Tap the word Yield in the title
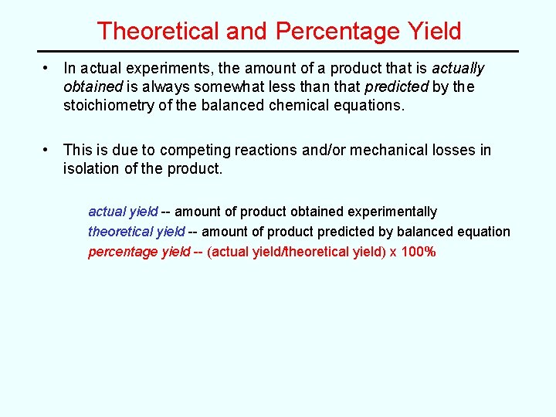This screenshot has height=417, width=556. point(435,31)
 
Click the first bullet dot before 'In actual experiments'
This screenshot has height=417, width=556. point(47,69)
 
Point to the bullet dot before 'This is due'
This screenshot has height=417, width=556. point(47,150)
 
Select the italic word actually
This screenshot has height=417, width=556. point(458,69)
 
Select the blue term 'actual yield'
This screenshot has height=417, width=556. point(124,212)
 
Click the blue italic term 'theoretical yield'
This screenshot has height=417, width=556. point(137,232)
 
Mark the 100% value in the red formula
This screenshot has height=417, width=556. point(419,252)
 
